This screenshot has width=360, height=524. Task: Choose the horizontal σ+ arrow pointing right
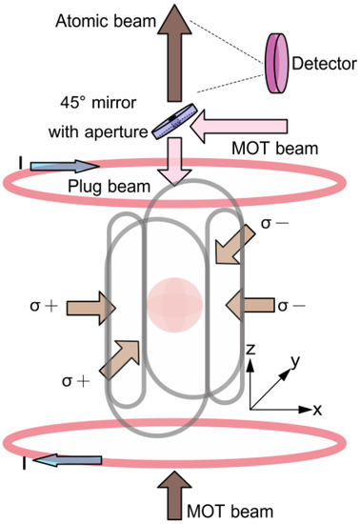pyautogui.click(x=91, y=308)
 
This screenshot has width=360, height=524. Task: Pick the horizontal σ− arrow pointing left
pyautogui.click(x=248, y=307)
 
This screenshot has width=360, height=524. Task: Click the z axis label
pyautogui.click(x=249, y=352)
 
